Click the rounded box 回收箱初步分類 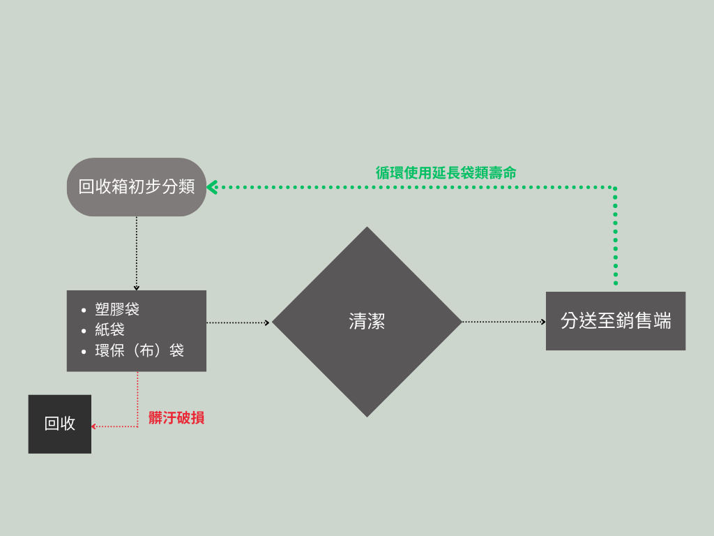[137, 187]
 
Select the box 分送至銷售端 [616, 321]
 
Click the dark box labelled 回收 [60, 424]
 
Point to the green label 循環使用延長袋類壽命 [446, 173]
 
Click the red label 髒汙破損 [176, 418]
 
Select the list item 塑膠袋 [117, 309]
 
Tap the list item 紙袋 [109, 329]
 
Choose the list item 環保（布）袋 [139, 350]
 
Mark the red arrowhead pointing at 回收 [93, 426]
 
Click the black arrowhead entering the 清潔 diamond [267, 322]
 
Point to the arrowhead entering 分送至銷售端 [543, 322]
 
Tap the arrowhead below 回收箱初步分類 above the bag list [137, 287]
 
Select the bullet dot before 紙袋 [84, 330]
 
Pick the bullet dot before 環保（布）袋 [84, 350]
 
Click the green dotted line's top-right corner [615, 188]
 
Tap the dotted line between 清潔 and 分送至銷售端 [502, 322]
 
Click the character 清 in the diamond [358, 321]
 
